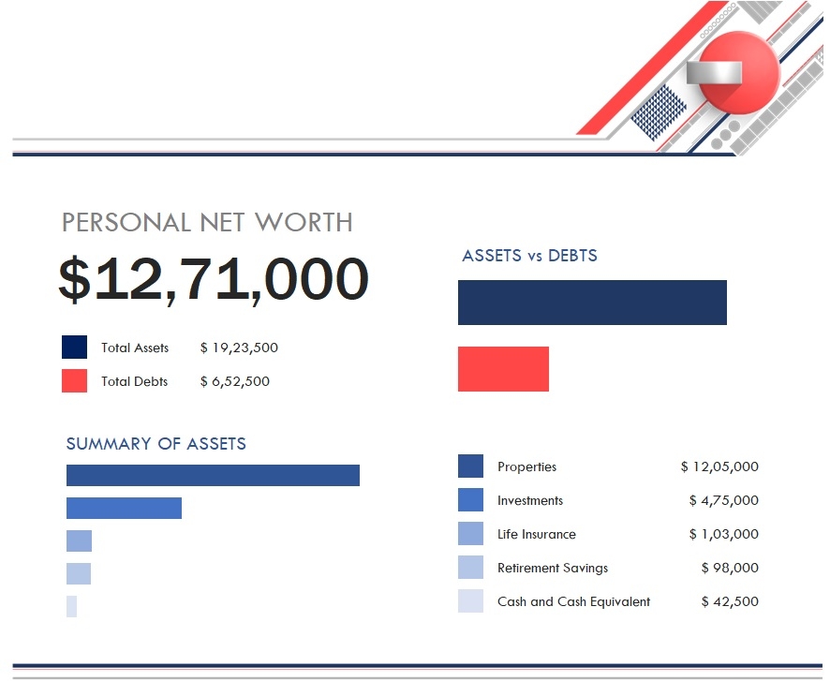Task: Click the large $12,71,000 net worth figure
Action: pyautogui.click(x=214, y=279)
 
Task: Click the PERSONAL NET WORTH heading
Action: pyautogui.click(x=207, y=223)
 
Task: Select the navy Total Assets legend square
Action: pyautogui.click(x=74, y=348)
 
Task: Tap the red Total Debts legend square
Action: pyautogui.click(x=74, y=381)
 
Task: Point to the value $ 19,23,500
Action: pyautogui.click(x=239, y=348)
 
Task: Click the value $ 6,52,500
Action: pyautogui.click(x=235, y=381)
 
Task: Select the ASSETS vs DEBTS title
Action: pyautogui.click(x=529, y=256)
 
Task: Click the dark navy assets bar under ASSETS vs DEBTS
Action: pyautogui.click(x=592, y=303)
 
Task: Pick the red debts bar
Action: pyautogui.click(x=503, y=369)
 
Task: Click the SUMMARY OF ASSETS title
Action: pyautogui.click(x=156, y=444)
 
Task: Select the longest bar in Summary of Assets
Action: pyautogui.click(x=213, y=475)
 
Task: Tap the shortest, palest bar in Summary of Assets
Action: pyautogui.click(x=71, y=606)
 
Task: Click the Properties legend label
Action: pyautogui.click(x=526, y=466)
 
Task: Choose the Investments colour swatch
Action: pyautogui.click(x=470, y=500)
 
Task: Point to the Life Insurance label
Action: pyautogui.click(x=536, y=534)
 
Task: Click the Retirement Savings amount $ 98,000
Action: pyautogui.click(x=730, y=568)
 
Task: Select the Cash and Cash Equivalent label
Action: pyautogui.click(x=573, y=601)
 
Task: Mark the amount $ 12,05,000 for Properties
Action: pyautogui.click(x=719, y=466)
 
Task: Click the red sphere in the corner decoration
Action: pyautogui.click(x=739, y=73)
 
